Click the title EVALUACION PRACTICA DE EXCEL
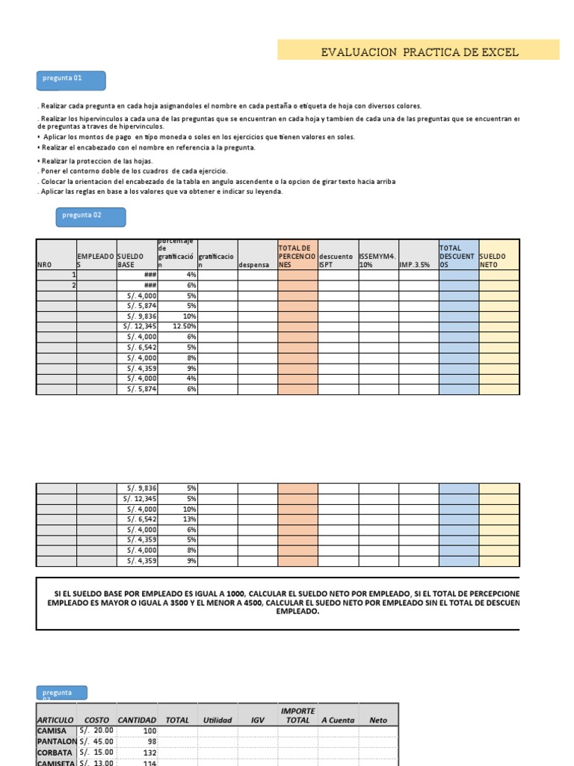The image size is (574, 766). tap(419, 52)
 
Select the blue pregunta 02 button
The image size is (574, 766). tap(91, 217)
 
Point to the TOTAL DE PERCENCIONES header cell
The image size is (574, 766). tap(297, 255)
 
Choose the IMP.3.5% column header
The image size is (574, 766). tap(418, 264)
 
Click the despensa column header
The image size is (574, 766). tap(258, 264)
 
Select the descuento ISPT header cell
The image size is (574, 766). tap(338, 260)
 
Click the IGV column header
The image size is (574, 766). tap(258, 720)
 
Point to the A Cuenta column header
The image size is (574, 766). tap(338, 720)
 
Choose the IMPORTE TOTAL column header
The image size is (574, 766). tap(297, 715)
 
